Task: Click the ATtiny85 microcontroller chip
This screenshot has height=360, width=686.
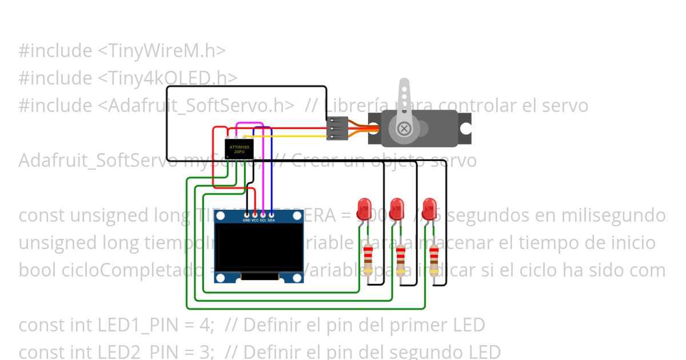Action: pyautogui.click(x=239, y=150)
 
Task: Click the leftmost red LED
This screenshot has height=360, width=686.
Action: pyautogui.click(x=364, y=208)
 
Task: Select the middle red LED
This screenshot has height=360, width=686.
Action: pyautogui.click(x=397, y=208)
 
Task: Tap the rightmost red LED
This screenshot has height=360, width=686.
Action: pyautogui.click(x=430, y=208)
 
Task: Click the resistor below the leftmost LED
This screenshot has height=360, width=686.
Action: pyautogui.click(x=368, y=258)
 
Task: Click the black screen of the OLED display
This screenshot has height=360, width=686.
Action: pyautogui.click(x=258, y=247)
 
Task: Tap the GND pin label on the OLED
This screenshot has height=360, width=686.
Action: pyautogui.click(x=246, y=220)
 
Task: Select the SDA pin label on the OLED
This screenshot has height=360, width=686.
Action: pyautogui.click(x=272, y=220)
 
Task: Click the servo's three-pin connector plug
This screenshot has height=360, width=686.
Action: pyautogui.click(x=338, y=128)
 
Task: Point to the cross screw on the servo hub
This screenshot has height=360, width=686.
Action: pyautogui.click(x=404, y=128)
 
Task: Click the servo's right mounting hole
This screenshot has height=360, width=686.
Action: pyautogui.click(x=466, y=128)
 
